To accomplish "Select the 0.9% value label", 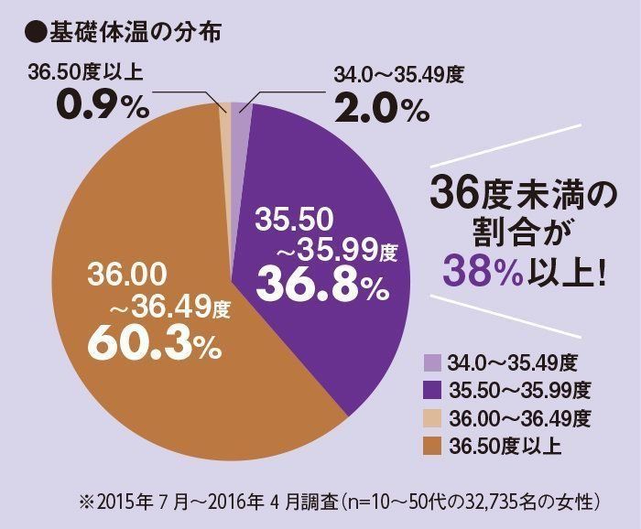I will pyautogui.click(x=102, y=108).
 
